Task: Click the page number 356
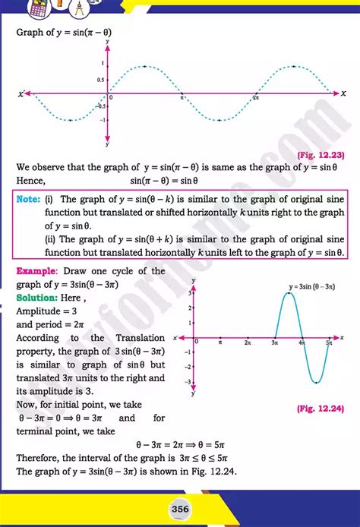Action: tap(180, 508)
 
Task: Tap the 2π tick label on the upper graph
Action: tap(256, 99)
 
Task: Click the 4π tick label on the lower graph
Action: tap(302, 344)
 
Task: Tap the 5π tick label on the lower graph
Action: tap(330, 344)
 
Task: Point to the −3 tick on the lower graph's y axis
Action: tap(189, 381)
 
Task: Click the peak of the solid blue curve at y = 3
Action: tap(289, 292)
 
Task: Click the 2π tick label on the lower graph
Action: tap(248, 344)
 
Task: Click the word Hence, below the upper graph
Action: tap(30, 181)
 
